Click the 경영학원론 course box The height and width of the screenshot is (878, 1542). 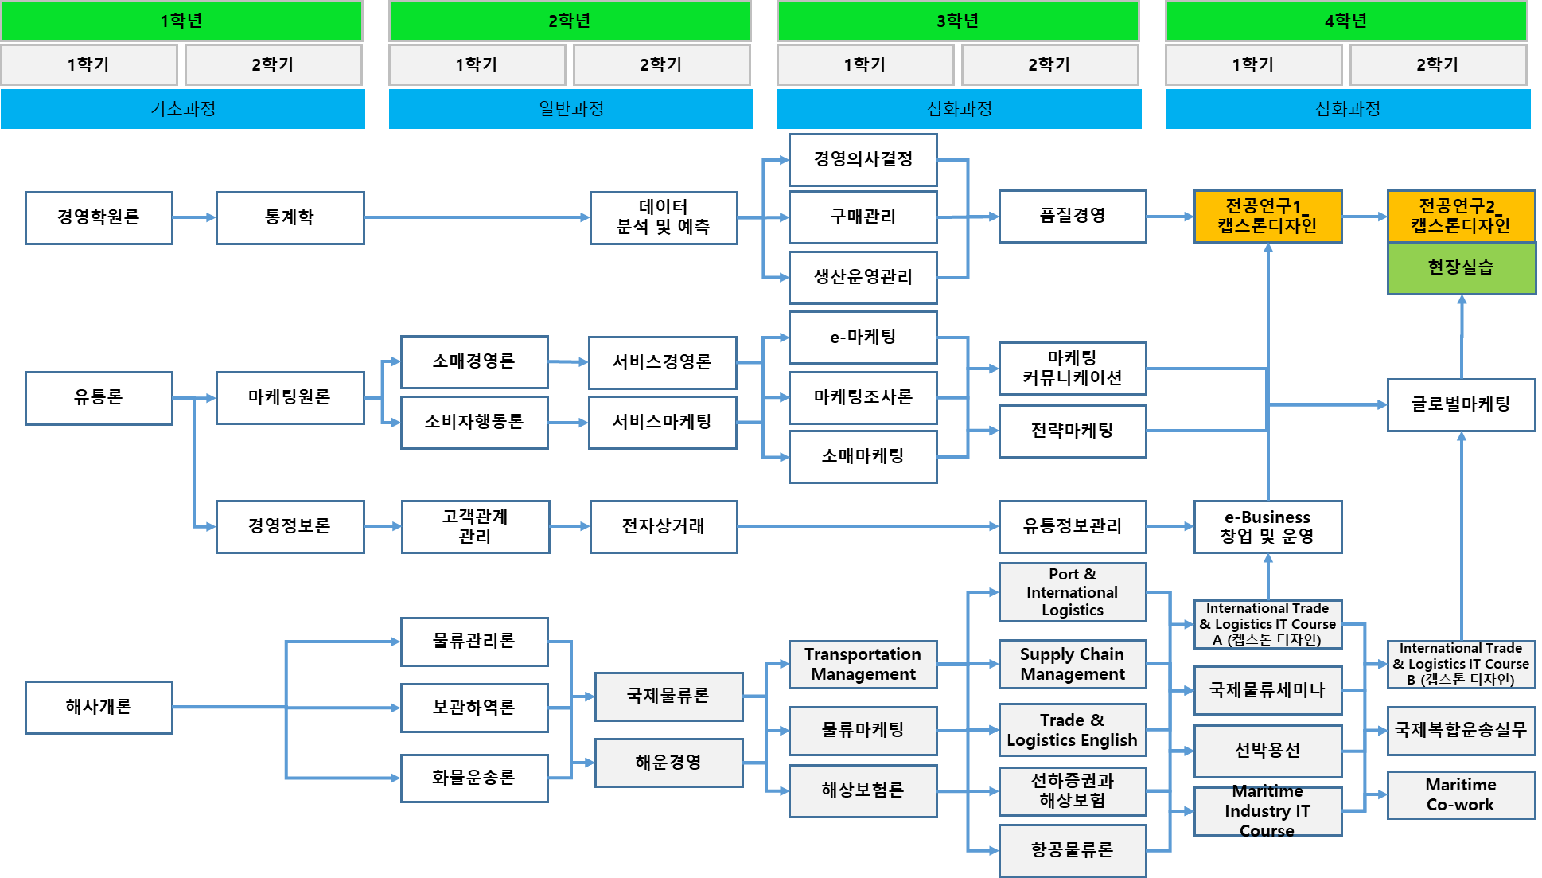99,217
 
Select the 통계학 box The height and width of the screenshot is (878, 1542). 290,217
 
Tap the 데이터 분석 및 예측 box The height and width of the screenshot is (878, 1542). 663,217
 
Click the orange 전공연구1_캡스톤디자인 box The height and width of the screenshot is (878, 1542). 1267,217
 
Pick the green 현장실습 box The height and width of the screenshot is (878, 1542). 1461,268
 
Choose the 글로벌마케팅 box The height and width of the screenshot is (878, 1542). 1461,404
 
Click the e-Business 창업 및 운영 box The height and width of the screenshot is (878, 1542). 1267,526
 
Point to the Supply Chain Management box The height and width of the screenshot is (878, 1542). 1072,664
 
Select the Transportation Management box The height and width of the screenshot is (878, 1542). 863,664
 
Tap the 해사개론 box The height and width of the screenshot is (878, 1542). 99,707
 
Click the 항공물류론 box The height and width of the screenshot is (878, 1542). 1072,850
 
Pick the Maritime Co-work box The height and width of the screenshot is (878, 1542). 1461,794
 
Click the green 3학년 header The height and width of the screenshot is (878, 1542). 958,21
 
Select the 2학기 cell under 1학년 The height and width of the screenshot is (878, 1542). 273,64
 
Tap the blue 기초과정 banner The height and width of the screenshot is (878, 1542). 183,109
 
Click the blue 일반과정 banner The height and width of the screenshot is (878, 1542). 570,109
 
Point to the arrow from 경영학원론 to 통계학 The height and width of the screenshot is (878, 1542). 194,217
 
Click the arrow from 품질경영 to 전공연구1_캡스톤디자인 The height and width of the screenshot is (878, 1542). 1170,217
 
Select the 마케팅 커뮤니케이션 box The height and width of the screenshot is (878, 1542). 1072,368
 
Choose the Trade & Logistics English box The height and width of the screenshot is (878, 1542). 1072,730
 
